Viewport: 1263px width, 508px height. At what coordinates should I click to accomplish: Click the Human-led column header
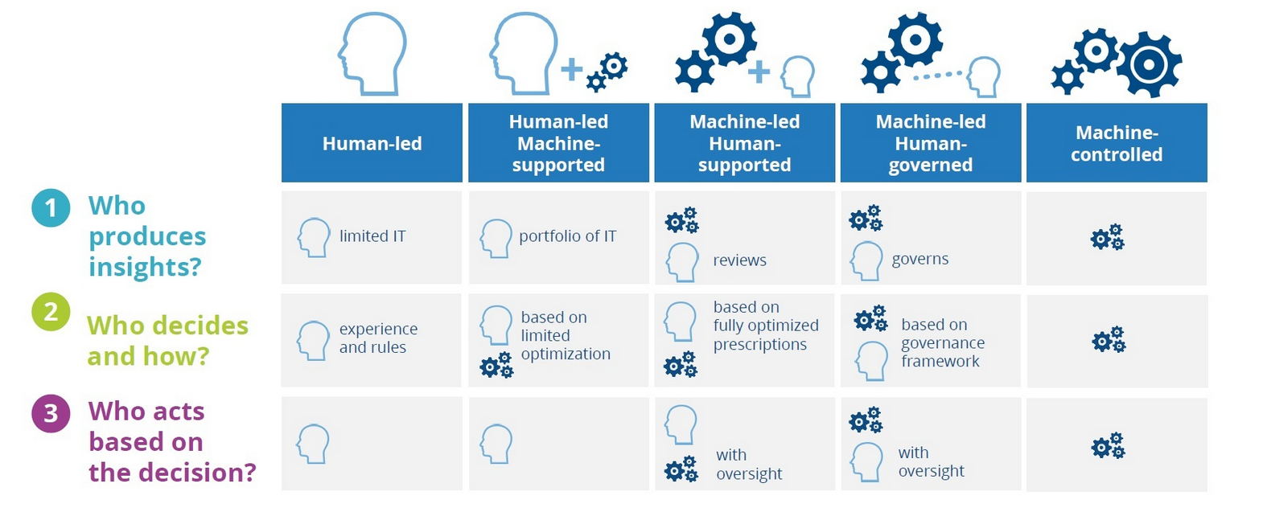coord(372,143)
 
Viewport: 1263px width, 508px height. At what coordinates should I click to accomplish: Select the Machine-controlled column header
coord(1117,143)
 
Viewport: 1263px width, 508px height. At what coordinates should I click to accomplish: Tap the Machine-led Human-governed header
coord(931,143)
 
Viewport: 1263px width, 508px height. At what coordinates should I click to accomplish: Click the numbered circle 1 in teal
coord(51,208)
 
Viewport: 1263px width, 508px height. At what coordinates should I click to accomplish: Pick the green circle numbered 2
coord(51,311)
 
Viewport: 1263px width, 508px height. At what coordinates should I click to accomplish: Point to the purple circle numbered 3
coord(51,413)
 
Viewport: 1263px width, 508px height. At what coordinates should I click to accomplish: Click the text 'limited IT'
coord(372,236)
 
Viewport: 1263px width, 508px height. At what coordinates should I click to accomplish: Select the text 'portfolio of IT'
coord(568,236)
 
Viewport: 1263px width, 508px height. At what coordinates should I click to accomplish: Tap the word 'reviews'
coord(739,260)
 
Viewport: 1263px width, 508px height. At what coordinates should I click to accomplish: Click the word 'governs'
coord(920,259)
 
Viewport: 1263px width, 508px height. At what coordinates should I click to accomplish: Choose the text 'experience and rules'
coord(378,338)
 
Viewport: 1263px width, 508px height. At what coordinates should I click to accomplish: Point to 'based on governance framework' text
coord(943,343)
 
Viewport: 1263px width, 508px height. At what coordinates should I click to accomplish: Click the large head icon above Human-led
coord(372,53)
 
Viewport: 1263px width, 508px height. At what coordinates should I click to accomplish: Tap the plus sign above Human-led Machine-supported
coord(572,70)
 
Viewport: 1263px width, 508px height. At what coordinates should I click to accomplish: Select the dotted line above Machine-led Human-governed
coord(938,76)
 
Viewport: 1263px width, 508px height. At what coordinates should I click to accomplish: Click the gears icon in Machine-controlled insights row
coord(1108,237)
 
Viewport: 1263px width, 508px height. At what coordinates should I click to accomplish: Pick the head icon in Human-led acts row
coord(313,444)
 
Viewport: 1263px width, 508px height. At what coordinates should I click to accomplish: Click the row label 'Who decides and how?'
coord(167,341)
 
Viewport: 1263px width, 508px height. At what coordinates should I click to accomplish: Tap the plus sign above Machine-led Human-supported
coord(758,72)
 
